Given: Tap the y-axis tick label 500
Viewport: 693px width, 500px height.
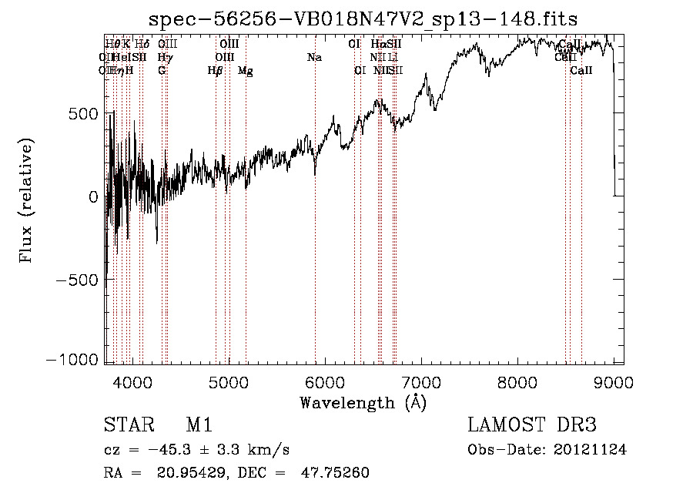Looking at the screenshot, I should point(82,113).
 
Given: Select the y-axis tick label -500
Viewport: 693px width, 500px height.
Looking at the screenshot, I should point(75,280).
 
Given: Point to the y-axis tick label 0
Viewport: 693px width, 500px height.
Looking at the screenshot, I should point(93,196).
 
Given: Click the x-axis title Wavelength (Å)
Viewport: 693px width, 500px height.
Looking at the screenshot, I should point(363,402).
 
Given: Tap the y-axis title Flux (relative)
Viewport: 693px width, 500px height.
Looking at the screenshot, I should point(26,201).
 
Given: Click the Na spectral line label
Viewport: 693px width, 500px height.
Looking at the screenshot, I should point(314,58).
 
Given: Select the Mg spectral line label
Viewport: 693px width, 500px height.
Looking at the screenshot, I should point(245,71).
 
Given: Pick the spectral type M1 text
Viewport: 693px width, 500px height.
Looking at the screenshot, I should point(199,425).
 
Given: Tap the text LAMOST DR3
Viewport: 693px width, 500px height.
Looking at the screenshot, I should point(531,425).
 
